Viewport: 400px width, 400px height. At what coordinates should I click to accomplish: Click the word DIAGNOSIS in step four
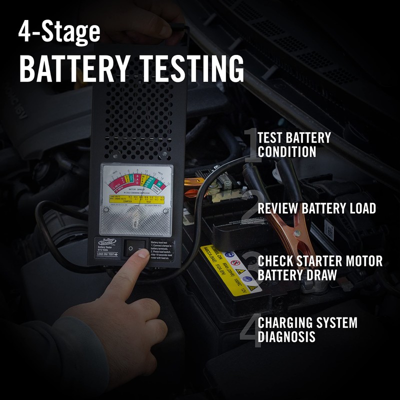[x=286, y=336]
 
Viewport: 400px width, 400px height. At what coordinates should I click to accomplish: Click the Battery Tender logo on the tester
[x=106, y=242]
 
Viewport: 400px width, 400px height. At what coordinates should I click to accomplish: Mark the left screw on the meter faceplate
[x=106, y=210]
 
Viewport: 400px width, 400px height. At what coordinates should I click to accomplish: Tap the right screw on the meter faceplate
[x=165, y=210]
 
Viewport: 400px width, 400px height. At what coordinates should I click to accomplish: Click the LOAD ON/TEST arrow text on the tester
[x=106, y=254]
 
